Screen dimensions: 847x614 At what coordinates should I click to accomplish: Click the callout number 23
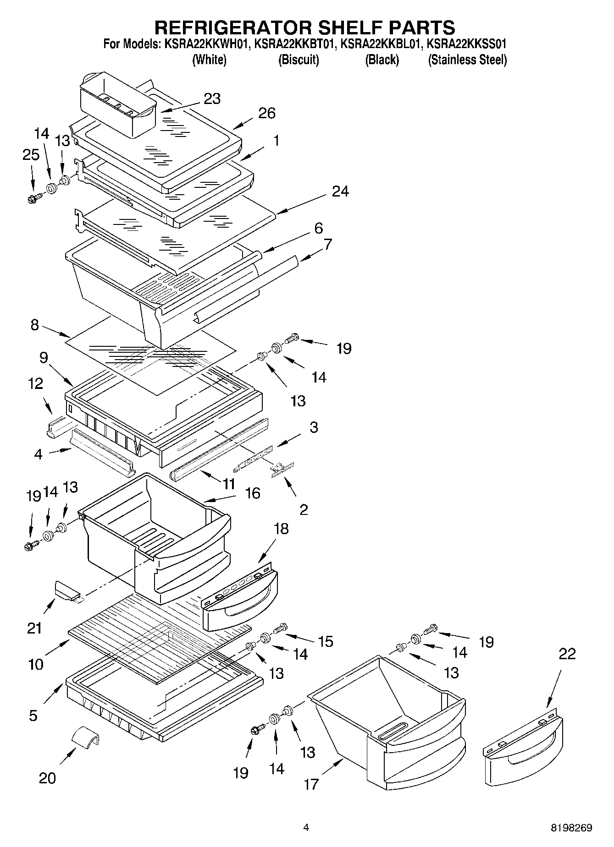(x=212, y=98)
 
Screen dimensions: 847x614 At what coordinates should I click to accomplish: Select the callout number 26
(x=267, y=113)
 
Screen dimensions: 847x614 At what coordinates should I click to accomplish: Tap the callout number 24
(x=340, y=191)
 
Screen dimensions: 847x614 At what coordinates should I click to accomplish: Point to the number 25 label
(x=31, y=155)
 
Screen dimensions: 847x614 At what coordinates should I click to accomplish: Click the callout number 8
(x=35, y=325)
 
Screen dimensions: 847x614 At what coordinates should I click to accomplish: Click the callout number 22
(x=567, y=654)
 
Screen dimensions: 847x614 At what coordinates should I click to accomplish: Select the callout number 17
(x=311, y=784)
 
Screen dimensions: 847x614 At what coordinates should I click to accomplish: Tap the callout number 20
(x=47, y=778)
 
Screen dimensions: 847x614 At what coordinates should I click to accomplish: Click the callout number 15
(x=326, y=641)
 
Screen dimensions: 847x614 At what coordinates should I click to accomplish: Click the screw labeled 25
(x=33, y=198)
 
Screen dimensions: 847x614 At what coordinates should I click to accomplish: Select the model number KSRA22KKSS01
(x=466, y=44)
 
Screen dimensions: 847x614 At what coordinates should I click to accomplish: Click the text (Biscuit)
(x=299, y=60)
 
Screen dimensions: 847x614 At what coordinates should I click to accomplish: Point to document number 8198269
(x=571, y=827)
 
